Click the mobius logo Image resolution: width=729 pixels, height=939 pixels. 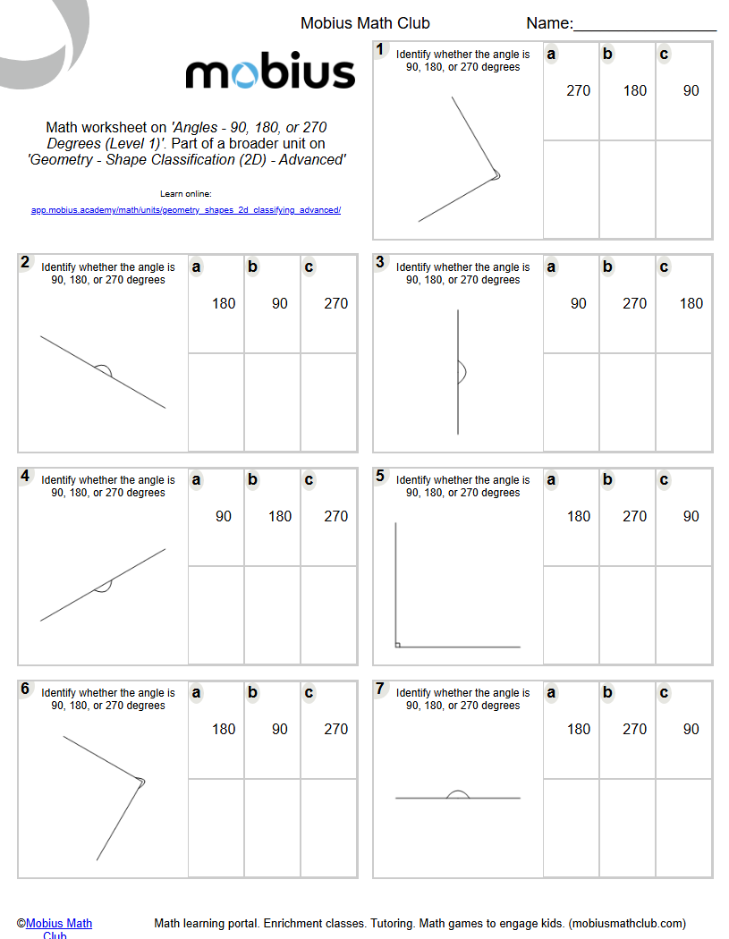tap(270, 72)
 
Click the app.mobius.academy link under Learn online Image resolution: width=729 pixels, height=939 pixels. tap(186, 210)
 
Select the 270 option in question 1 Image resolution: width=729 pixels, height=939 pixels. tap(578, 90)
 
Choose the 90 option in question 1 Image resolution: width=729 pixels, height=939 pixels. tap(691, 90)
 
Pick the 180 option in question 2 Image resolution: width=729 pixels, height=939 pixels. tap(224, 303)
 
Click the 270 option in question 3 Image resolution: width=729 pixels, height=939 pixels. tap(634, 303)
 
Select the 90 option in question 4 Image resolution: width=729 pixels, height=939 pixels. tap(224, 516)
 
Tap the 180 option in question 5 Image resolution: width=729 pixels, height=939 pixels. tap(578, 516)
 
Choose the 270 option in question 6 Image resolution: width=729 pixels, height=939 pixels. tap(336, 729)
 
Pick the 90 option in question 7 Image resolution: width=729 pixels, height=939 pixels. tap(691, 729)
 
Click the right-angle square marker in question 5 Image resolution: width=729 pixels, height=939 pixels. tap(398, 644)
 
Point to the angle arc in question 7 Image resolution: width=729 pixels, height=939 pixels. tap(458, 792)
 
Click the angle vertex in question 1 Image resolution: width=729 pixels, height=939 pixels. tap(496, 176)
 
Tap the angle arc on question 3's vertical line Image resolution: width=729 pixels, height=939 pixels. tap(462, 372)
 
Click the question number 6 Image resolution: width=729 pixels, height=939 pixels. tap(25, 689)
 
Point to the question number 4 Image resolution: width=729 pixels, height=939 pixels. tap(25, 476)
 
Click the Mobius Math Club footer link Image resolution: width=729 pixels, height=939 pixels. tap(58, 924)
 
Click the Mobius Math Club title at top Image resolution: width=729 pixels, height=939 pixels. tap(365, 24)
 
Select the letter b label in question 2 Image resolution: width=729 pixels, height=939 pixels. tap(252, 266)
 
